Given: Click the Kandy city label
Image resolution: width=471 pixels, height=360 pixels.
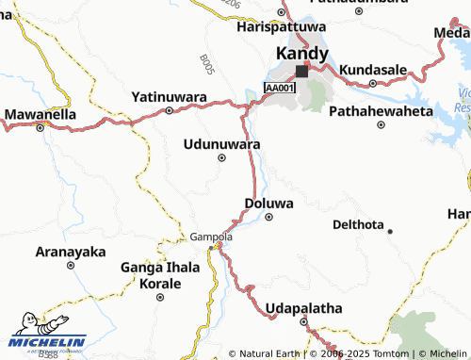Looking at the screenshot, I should pyautogui.click(x=300, y=55).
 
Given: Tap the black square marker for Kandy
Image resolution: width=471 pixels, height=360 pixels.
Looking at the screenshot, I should pyautogui.click(x=301, y=71).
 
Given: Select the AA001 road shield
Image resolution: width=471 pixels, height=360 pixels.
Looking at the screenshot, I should pyautogui.click(x=280, y=88).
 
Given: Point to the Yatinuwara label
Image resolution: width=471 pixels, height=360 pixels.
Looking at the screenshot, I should pyautogui.click(x=171, y=96).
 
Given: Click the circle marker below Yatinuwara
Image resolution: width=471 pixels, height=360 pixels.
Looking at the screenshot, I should pyautogui.click(x=169, y=110).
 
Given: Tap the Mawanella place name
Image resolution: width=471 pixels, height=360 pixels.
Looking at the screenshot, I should pyautogui.click(x=40, y=115).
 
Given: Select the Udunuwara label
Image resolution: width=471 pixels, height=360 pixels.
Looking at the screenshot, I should pyautogui.click(x=221, y=143).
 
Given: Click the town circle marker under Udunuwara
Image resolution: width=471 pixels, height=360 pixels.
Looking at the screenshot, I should pyautogui.click(x=221, y=157).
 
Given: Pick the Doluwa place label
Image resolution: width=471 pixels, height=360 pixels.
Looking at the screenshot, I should pyautogui.click(x=268, y=203).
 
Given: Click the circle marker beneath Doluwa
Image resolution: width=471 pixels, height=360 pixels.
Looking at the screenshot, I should pyautogui.click(x=268, y=217).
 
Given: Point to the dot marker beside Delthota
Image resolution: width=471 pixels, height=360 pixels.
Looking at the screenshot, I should pyautogui.click(x=390, y=231).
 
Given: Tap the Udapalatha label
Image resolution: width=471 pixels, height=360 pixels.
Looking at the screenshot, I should pyautogui.click(x=304, y=308).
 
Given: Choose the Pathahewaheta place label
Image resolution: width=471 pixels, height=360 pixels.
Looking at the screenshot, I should pyautogui.click(x=381, y=111).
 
